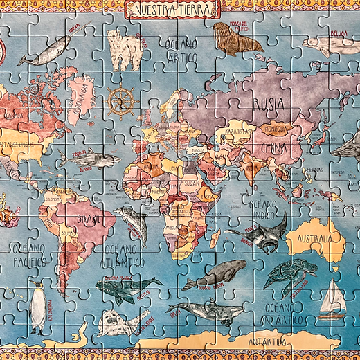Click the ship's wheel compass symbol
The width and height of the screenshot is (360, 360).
point(121,100)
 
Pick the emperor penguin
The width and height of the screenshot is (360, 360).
point(39,308)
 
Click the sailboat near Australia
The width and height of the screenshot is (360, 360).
point(333,298)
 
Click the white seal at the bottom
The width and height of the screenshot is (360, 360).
point(114,323)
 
